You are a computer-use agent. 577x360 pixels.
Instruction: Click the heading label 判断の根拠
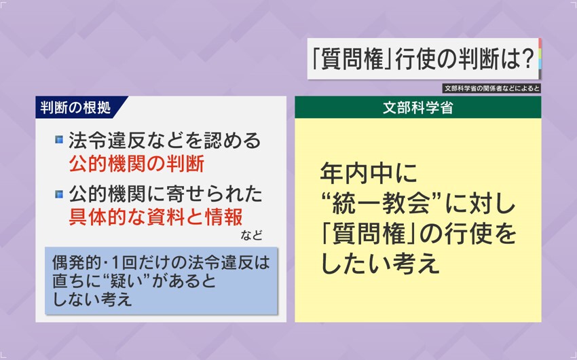pos(75,107)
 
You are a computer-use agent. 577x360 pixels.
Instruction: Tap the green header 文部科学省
pos(417,107)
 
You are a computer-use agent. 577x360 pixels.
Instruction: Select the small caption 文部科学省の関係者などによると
pos(492,88)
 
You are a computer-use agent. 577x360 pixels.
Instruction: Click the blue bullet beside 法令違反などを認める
pos(59,140)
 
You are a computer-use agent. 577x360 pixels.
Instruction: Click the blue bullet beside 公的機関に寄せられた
pos(59,194)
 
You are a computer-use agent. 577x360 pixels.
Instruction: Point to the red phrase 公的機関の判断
pos(136,164)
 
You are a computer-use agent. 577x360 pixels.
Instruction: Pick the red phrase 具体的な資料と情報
pos(155,217)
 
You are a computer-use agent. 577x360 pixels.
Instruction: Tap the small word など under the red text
pos(252,235)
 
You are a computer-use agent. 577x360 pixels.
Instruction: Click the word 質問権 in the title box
pos(352,59)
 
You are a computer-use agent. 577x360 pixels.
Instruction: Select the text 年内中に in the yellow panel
pos(369,173)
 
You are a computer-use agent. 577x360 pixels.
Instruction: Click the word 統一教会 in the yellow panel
pos(381,204)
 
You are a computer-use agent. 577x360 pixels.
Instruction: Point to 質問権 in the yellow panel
pos(369,234)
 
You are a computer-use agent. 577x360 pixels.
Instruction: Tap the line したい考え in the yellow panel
pos(380,264)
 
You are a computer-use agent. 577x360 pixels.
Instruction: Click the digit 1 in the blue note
pos(115,263)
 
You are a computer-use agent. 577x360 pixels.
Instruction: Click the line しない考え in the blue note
pos(92,300)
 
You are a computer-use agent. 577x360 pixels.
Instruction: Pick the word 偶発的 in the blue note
pos(76,263)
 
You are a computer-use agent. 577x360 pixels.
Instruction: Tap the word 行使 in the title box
pos(415,59)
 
